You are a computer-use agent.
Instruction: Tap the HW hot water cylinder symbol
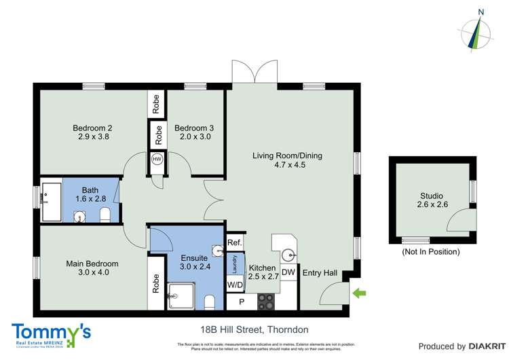point(157,159)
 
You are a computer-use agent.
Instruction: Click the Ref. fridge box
point(235,242)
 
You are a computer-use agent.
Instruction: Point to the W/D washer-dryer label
point(235,285)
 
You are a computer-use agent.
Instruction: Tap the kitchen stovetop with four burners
point(265,300)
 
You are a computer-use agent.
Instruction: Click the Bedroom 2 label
point(92,127)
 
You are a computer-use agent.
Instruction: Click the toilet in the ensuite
point(210,302)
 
